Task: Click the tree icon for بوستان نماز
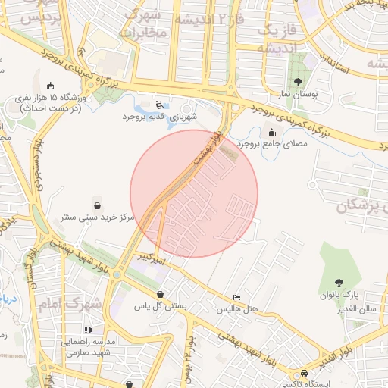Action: (297, 82)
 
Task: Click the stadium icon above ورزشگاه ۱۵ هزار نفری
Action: (51, 86)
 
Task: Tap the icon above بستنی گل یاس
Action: (160, 294)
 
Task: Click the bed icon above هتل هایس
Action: (237, 298)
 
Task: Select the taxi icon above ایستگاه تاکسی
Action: (304, 374)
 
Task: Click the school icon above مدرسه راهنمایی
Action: (88, 330)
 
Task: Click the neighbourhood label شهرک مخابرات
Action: (142, 24)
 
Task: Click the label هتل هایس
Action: (238, 310)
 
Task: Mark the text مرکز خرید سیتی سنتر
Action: (98, 217)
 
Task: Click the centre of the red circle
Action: (194, 193)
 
